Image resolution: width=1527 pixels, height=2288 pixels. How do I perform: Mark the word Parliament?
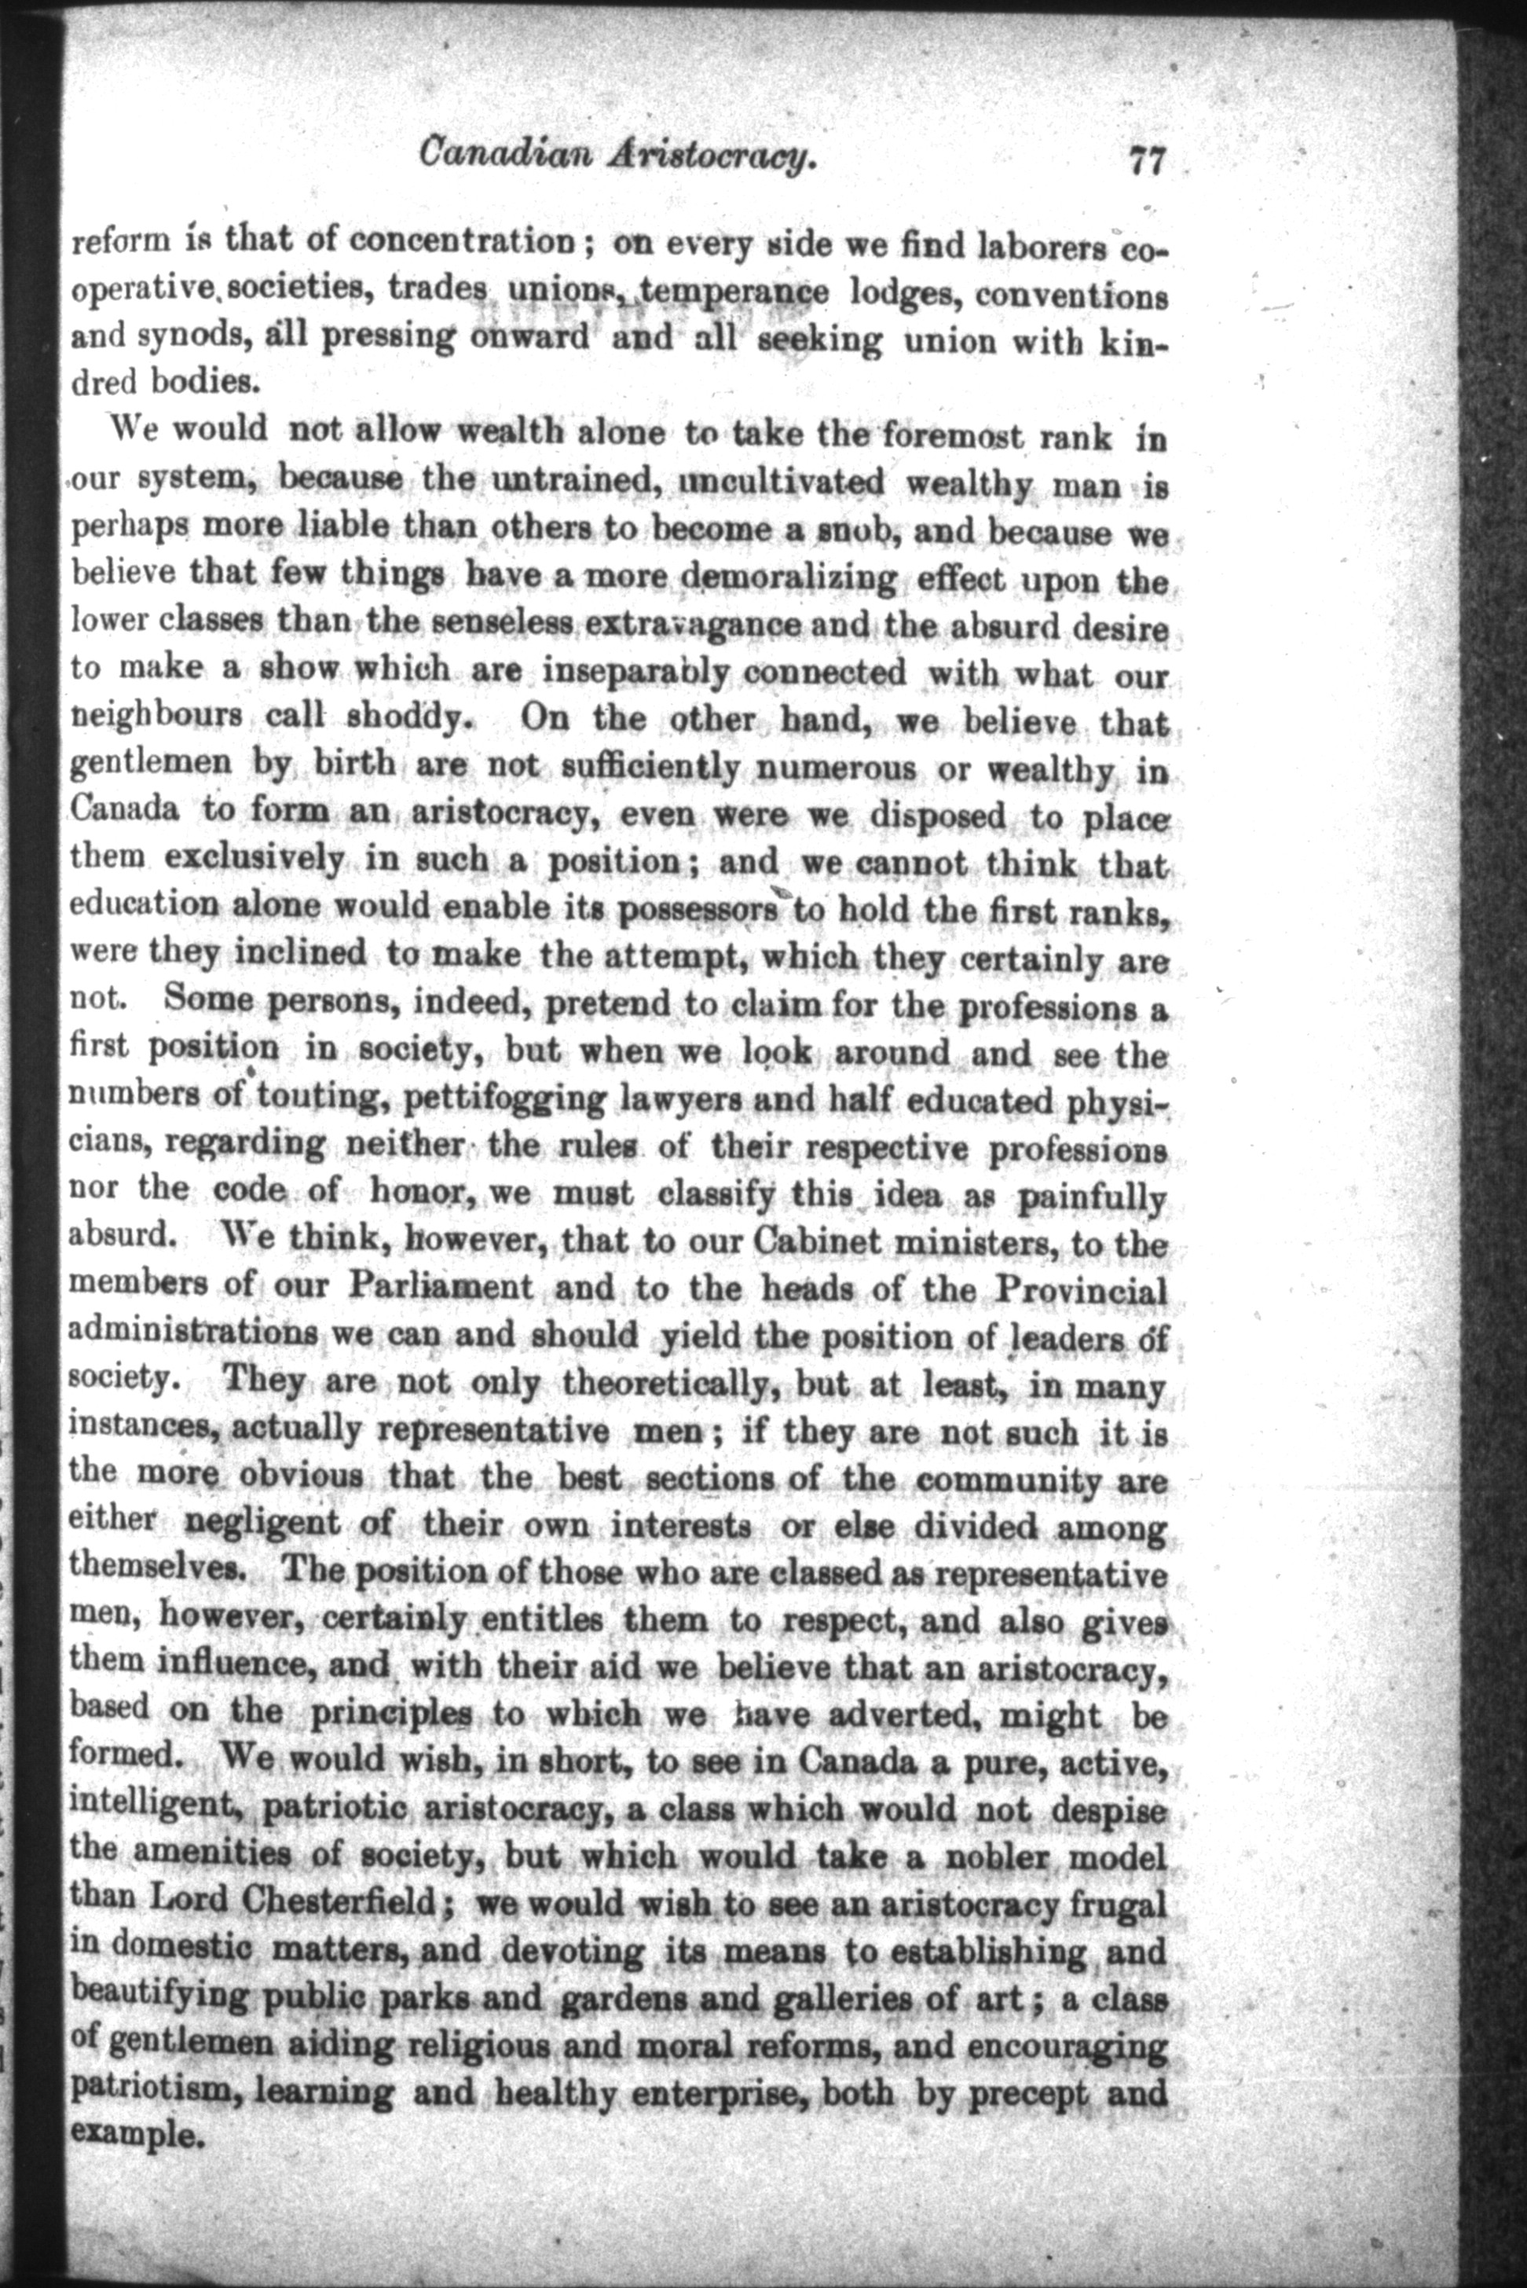point(440,1288)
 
